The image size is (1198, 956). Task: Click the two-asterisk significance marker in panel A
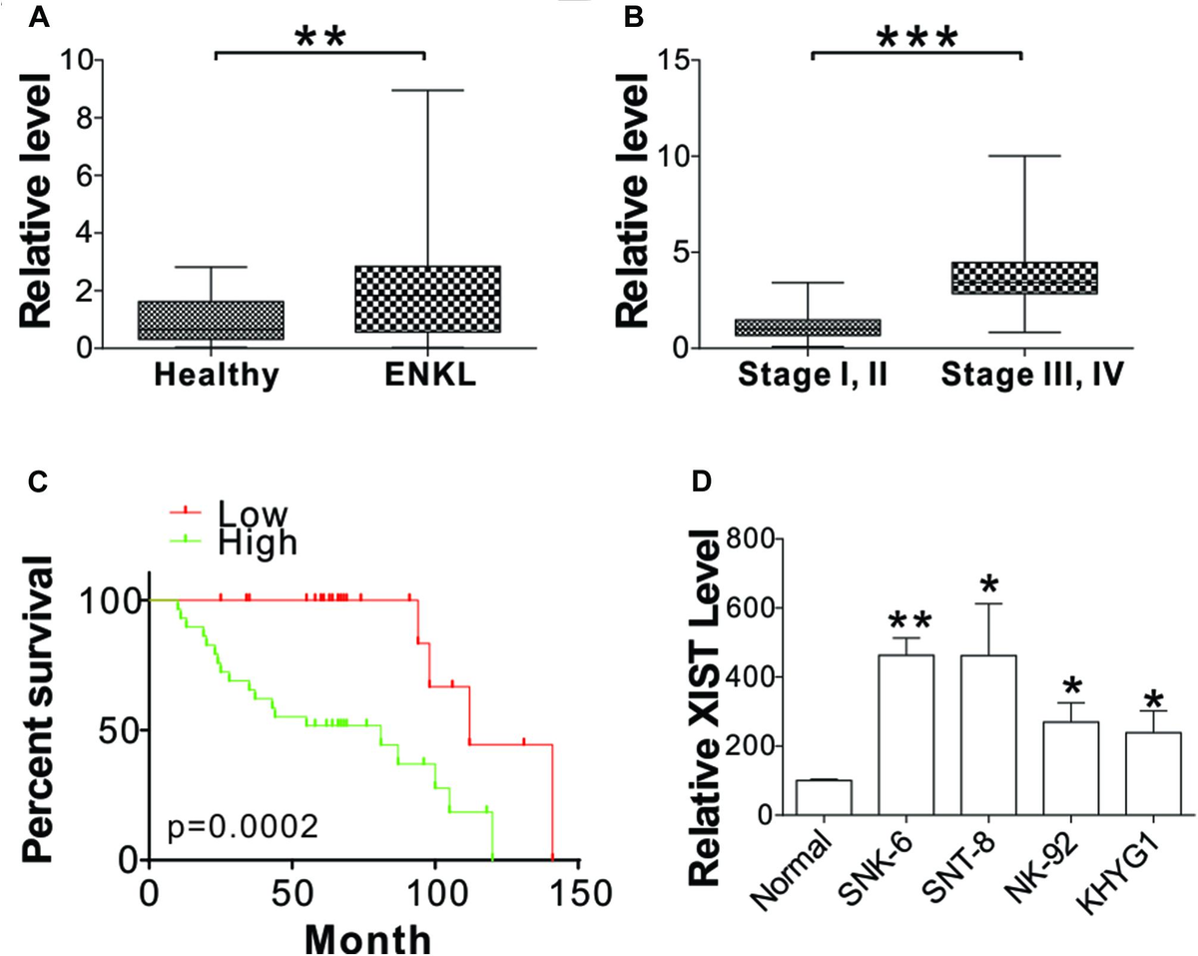point(320,38)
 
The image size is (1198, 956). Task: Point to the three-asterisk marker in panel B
point(916,38)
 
